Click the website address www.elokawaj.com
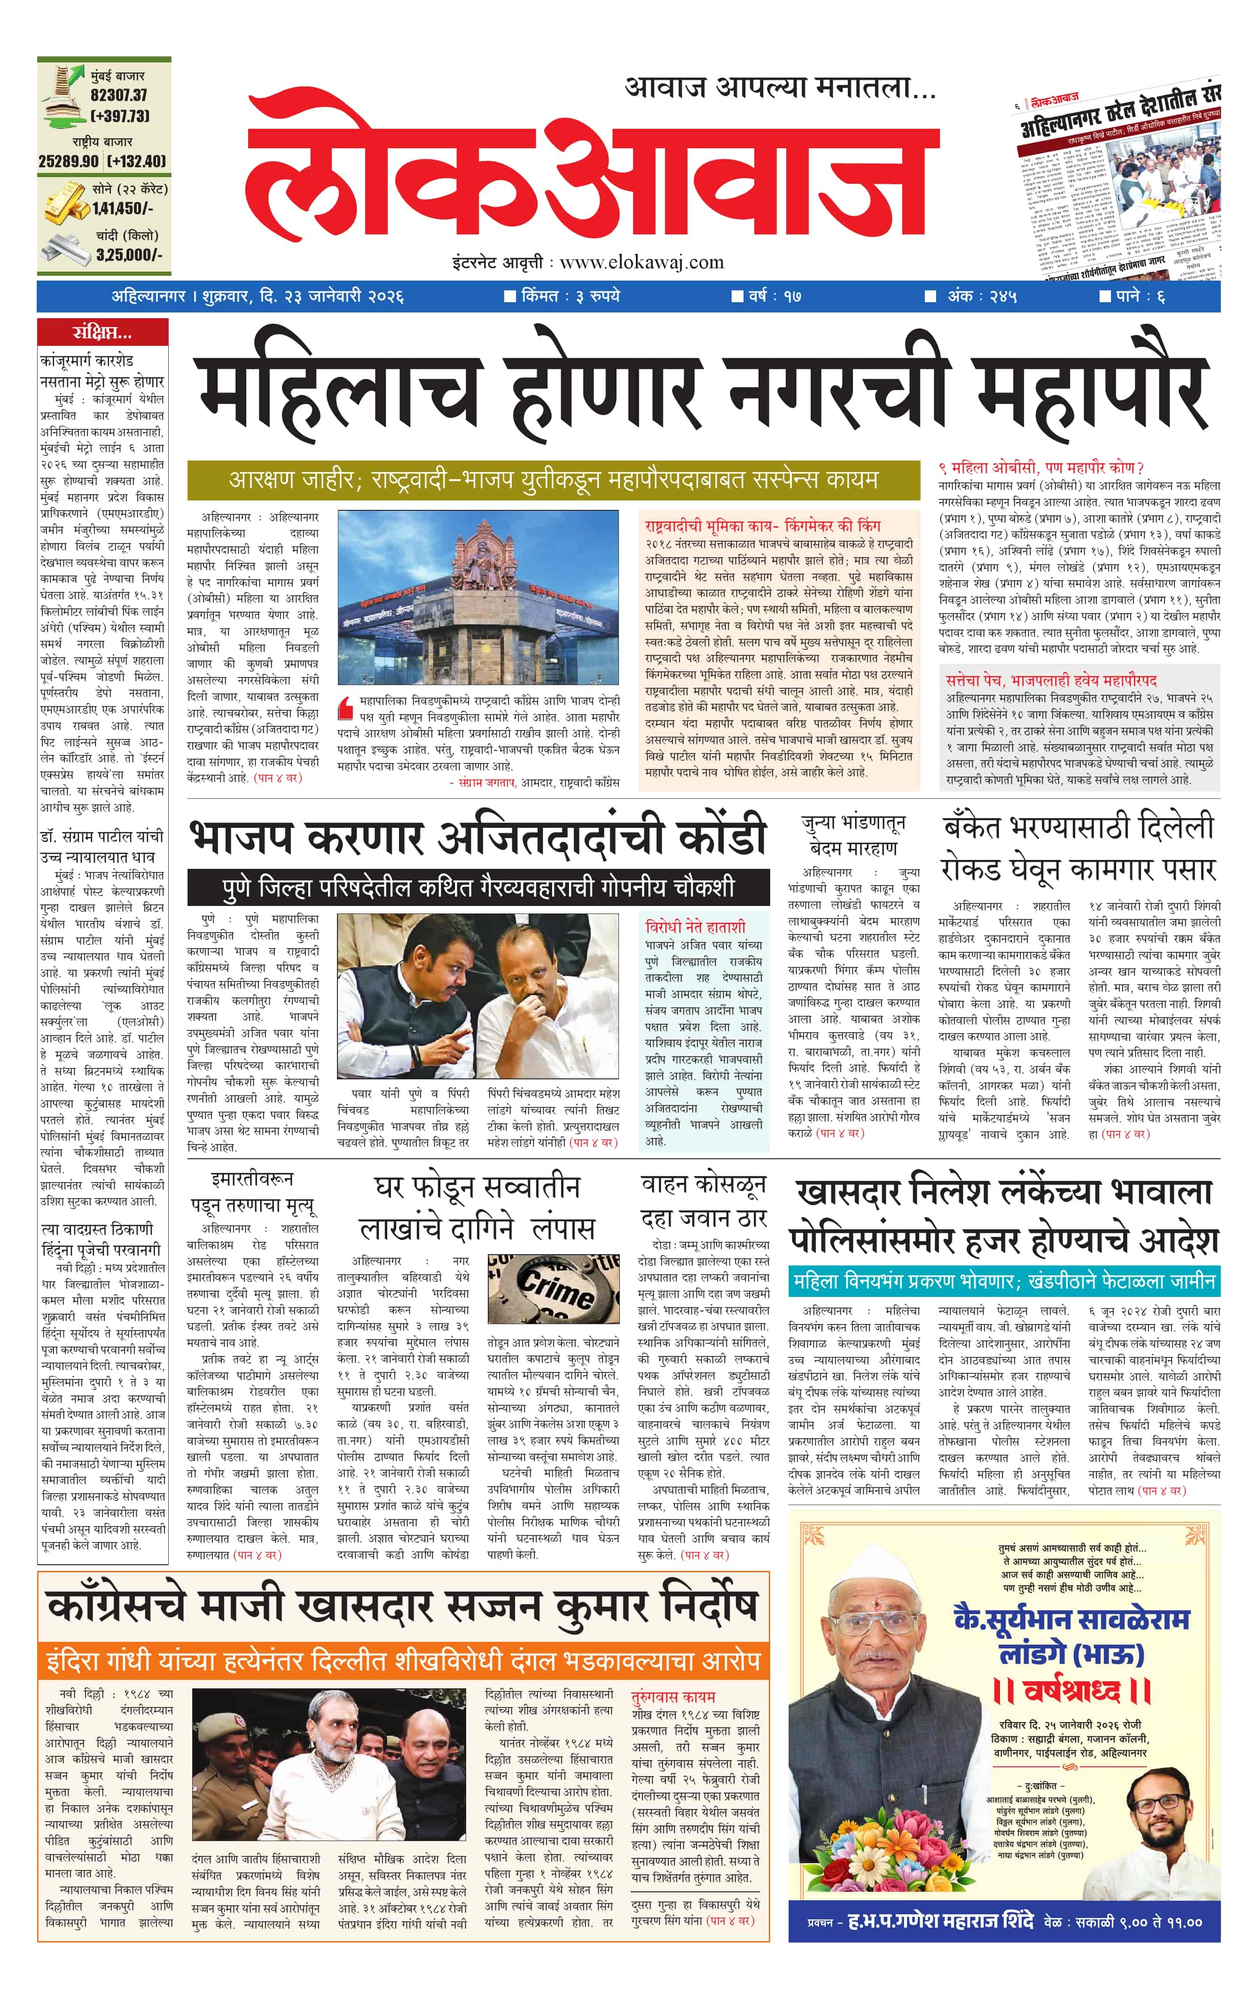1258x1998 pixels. click(641, 263)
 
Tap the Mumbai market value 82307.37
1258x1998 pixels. click(119, 95)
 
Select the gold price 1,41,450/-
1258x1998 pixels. click(122, 209)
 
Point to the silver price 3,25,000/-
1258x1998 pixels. click(129, 255)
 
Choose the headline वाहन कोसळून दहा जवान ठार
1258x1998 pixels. click(703, 1201)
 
